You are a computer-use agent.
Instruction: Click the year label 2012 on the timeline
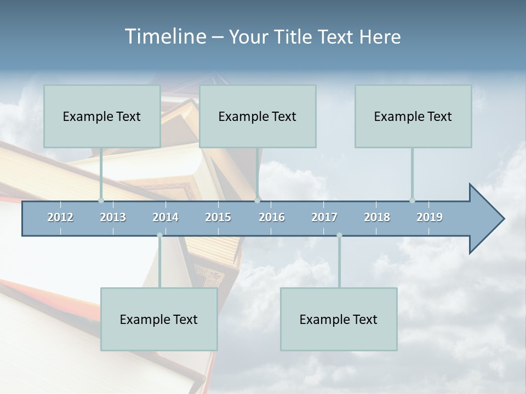point(60,217)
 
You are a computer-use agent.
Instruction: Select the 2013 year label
point(113,217)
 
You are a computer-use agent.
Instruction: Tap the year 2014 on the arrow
point(165,217)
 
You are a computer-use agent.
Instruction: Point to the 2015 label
point(218,217)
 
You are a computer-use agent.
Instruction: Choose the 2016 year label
point(272,217)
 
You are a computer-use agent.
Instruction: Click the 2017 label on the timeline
point(324,217)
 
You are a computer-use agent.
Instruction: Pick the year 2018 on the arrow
point(377,217)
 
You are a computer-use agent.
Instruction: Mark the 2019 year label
point(430,217)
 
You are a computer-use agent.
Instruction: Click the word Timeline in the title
point(164,37)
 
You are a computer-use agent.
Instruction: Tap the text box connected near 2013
point(102,117)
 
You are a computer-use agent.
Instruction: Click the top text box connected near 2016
point(258,117)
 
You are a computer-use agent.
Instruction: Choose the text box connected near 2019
point(413,117)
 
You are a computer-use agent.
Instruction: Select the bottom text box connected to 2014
point(159,320)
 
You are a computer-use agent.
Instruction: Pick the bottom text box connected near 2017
point(339,320)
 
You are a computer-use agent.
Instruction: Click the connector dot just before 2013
point(101,200)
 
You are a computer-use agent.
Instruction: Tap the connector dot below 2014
point(159,235)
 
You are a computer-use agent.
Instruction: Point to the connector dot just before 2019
point(412,200)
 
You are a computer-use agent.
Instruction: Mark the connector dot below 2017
point(339,235)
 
